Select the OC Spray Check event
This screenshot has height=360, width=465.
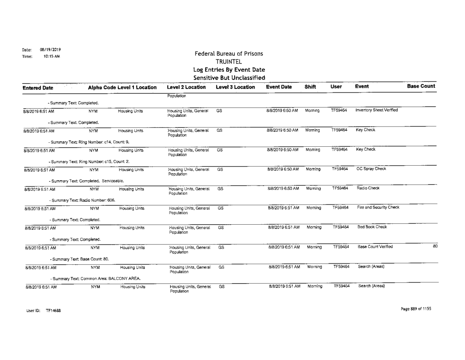click(x=370, y=168)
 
